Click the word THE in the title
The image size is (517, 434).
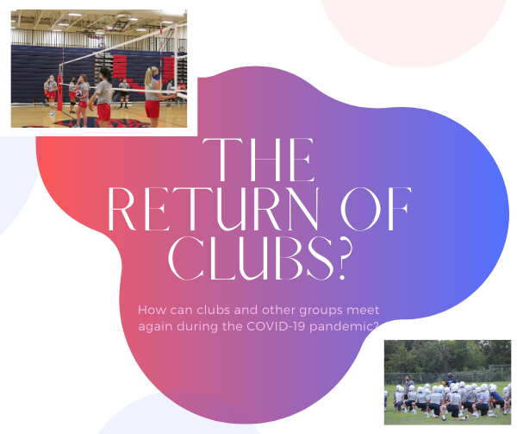click(x=258, y=160)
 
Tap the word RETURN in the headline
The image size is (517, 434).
click(x=214, y=209)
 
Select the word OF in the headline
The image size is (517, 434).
click(x=376, y=209)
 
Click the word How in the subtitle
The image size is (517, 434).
click(x=153, y=310)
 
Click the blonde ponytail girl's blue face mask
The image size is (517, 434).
click(x=156, y=77)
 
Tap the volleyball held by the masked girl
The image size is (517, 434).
click(x=78, y=93)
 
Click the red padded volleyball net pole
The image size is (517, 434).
click(x=59, y=92)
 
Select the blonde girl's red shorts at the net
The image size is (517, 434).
click(x=153, y=109)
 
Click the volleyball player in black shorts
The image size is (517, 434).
click(x=123, y=92)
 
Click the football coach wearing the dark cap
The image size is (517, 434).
click(x=449, y=380)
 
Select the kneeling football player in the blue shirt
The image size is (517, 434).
click(x=495, y=399)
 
